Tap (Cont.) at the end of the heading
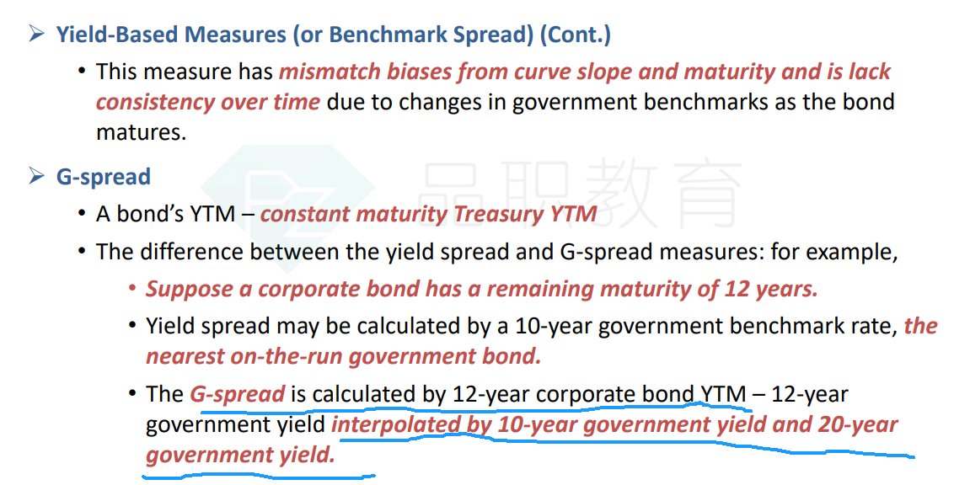pos(576,34)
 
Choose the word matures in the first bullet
pos(141,132)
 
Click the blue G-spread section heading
pos(104,177)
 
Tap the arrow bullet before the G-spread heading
pos(36,176)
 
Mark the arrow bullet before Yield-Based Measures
pos(36,34)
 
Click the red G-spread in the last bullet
pos(237,394)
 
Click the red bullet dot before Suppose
pos(131,289)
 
